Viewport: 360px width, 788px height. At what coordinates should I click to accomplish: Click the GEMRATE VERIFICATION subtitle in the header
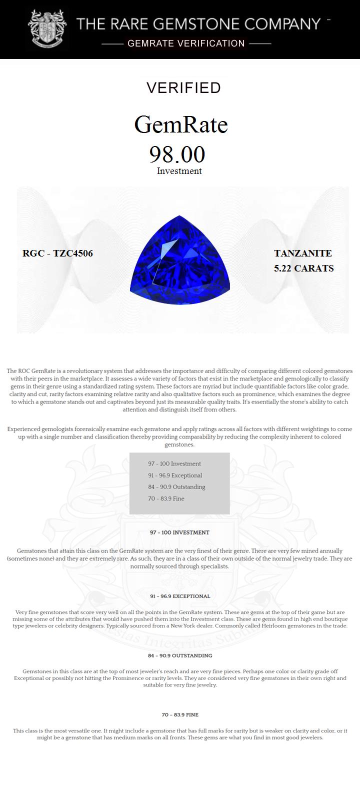(186, 43)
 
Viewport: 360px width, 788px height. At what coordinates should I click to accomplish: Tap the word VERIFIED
(183, 88)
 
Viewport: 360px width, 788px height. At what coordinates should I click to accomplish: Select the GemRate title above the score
(181, 124)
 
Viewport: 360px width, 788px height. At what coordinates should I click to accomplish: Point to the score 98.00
(177, 154)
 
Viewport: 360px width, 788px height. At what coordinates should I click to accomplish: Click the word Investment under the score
(179, 171)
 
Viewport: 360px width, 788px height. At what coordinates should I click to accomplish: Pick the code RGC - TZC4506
(57, 253)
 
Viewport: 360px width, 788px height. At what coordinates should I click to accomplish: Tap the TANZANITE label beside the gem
(302, 253)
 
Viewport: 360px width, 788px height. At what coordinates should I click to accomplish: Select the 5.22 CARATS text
(303, 268)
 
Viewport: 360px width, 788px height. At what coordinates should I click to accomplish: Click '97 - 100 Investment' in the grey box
(174, 463)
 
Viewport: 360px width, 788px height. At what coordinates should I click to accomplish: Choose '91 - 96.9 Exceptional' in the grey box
(175, 475)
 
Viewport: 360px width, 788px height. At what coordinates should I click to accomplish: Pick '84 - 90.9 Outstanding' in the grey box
(176, 487)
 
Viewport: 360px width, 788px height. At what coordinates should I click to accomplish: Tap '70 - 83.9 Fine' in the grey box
(166, 498)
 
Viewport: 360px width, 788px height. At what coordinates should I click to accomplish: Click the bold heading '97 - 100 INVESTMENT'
(179, 532)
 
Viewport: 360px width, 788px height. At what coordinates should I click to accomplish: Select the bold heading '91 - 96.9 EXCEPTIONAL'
(179, 596)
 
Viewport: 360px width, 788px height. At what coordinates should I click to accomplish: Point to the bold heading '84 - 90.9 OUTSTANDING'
(179, 655)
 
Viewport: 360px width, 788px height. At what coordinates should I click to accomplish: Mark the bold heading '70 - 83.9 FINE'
(179, 715)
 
